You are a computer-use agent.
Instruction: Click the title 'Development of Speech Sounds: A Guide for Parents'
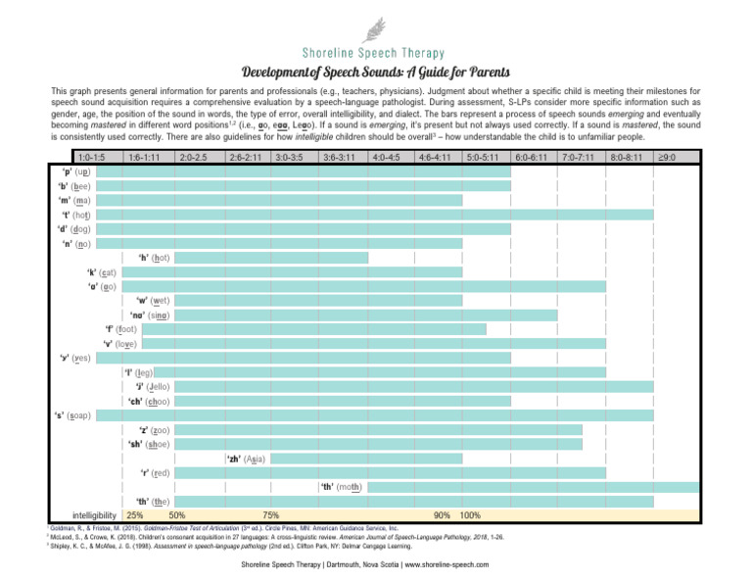click(x=375, y=73)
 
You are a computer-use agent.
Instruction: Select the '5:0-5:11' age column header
click(x=485, y=157)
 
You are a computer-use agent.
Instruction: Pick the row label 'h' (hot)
click(x=154, y=258)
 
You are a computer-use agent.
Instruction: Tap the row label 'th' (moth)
click(x=342, y=487)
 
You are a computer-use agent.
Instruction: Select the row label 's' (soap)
click(x=72, y=415)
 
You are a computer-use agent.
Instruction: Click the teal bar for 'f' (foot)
click(x=313, y=329)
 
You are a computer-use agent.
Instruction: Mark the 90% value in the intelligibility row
click(x=442, y=515)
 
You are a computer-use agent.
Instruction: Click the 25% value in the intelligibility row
click(x=135, y=515)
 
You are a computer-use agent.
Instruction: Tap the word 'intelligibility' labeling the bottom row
click(x=95, y=515)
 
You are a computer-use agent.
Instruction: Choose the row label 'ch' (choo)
click(x=149, y=401)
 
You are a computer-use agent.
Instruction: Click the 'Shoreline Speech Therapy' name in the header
click(x=375, y=53)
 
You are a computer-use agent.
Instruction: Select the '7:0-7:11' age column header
click(x=581, y=157)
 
